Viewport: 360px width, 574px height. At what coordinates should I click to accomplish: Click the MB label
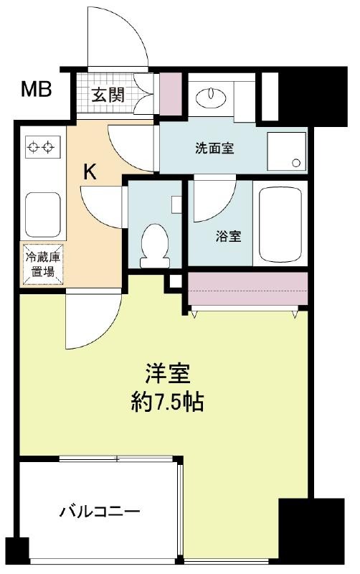(x=36, y=89)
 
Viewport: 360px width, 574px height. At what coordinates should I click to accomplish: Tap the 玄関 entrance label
(x=108, y=95)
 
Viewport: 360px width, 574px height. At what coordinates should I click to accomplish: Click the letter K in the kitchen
(x=90, y=171)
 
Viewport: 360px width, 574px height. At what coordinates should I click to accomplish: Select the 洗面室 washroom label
(x=214, y=149)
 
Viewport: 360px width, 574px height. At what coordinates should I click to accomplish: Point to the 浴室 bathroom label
(x=228, y=237)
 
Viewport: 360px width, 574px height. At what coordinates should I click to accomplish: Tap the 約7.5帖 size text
(x=168, y=403)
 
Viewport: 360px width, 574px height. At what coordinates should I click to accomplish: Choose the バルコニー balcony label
(x=100, y=511)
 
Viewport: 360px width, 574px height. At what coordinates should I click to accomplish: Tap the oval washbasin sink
(x=211, y=97)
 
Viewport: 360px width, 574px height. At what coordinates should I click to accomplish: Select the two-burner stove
(x=42, y=146)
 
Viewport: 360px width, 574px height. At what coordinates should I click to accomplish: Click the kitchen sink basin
(x=42, y=215)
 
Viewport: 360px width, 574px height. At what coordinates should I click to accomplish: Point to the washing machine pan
(x=286, y=151)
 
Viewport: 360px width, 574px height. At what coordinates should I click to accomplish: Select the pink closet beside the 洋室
(x=247, y=288)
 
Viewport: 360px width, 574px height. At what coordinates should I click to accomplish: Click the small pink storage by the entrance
(x=171, y=94)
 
